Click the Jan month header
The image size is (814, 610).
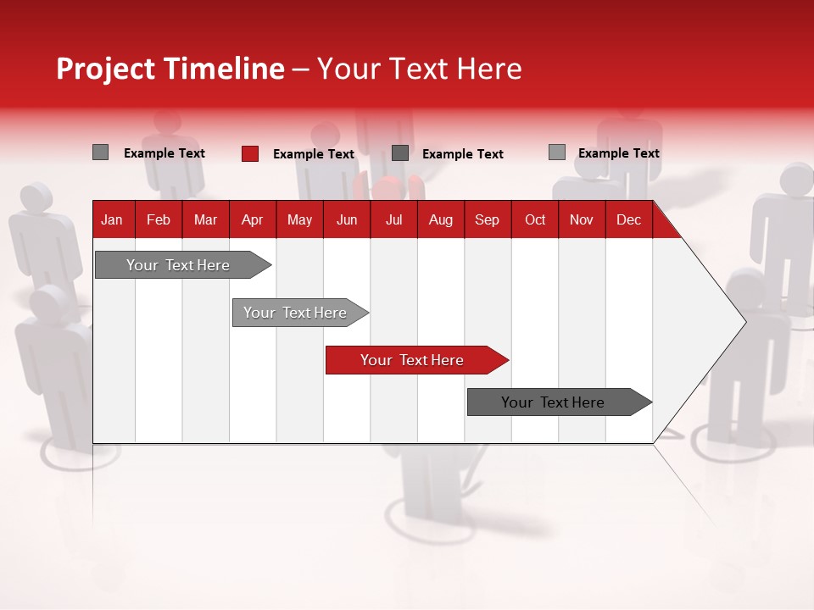[112, 219]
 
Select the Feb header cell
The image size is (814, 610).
[159, 219]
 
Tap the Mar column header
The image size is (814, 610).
[205, 219]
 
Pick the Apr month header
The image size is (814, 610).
[253, 219]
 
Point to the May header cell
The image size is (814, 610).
[299, 219]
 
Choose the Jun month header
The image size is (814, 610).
[347, 219]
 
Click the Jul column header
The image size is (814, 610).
[393, 219]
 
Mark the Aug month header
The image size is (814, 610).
[441, 219]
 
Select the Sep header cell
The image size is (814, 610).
[488, 219]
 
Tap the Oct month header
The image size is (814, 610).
[535, 219]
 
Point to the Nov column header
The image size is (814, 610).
[582, 219]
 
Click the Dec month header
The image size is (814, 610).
[629, 219]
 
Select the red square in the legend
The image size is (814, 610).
[250, 153]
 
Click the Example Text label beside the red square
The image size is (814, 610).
[314, 154]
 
